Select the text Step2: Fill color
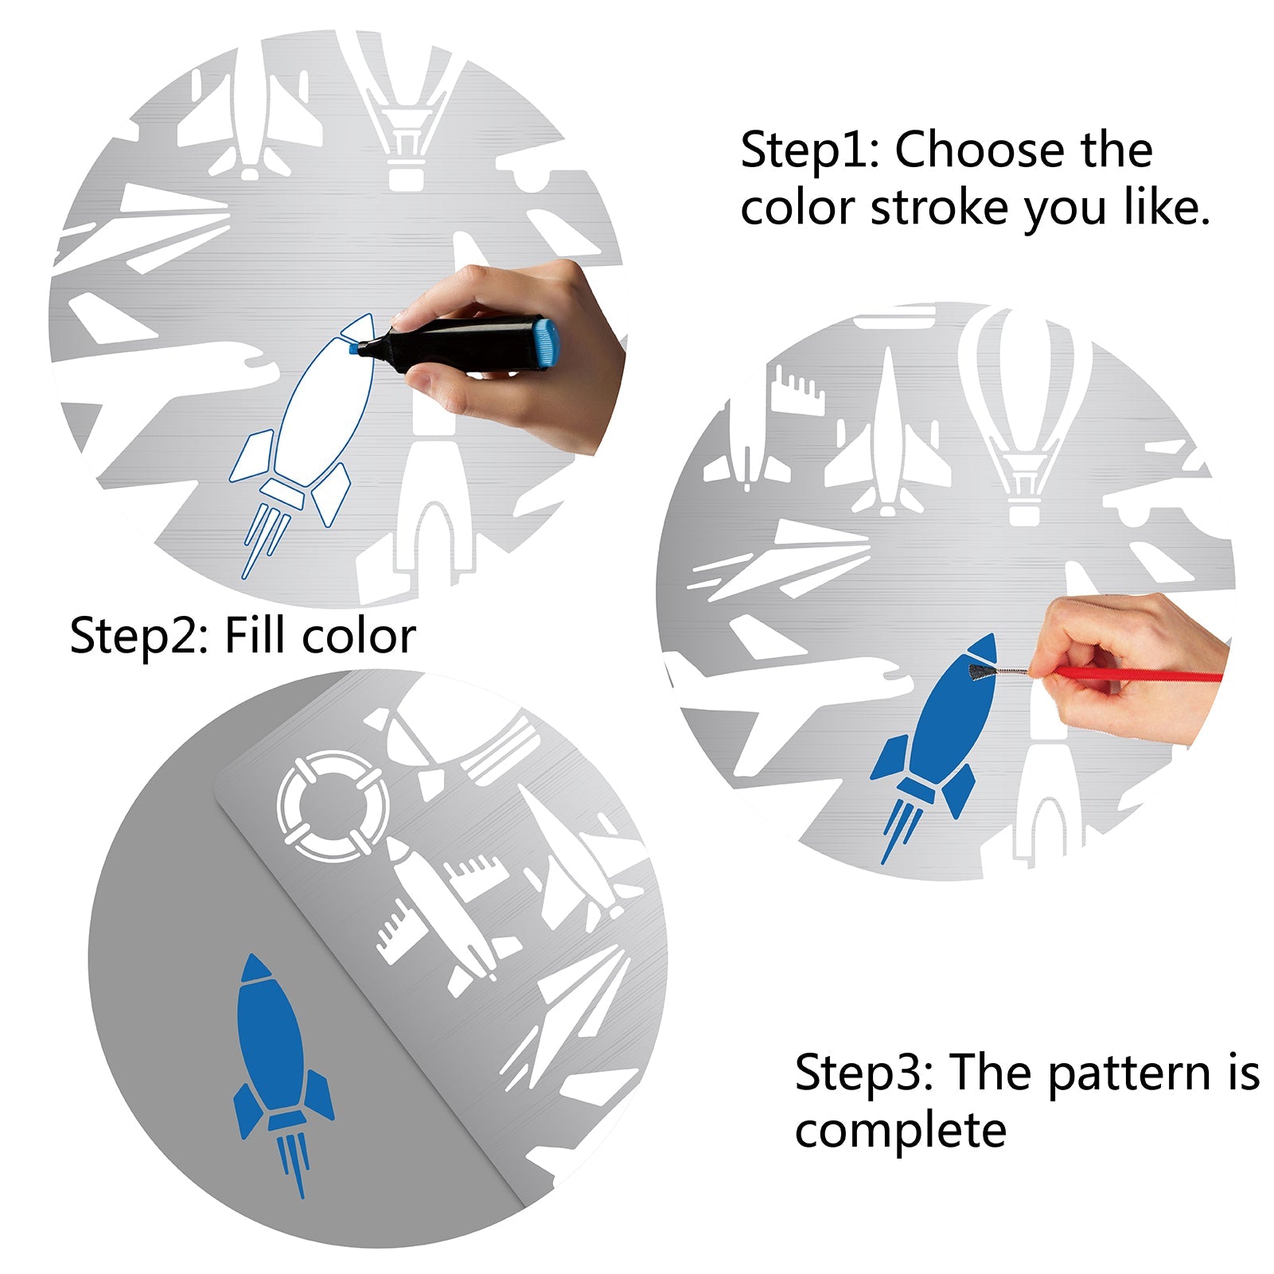click(243, 637)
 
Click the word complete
click(900, 1131)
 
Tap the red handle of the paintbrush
click(1138, 676)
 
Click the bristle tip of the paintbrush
click(980, 671)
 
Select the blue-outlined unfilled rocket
click(302, 446)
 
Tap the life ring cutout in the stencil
click(333, 806)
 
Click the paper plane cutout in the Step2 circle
click(784, 561)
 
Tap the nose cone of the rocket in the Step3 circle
click(255, 968)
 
